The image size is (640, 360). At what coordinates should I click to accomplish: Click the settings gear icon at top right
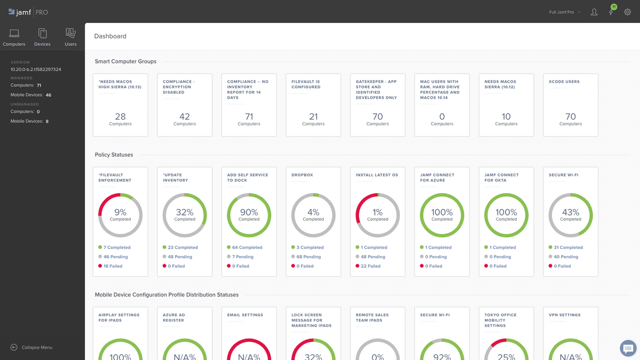click(628, 12)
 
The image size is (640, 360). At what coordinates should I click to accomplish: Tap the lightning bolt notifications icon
click(611, 12)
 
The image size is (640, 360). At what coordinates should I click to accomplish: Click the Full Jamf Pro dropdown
click(565, 12)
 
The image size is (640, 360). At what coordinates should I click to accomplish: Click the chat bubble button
click(628, 348)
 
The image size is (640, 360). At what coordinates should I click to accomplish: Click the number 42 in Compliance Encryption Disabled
click(185, 116)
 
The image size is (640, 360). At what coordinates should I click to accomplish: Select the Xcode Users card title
click(564, 82)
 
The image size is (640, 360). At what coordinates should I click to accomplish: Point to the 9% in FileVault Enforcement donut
click(120, 212)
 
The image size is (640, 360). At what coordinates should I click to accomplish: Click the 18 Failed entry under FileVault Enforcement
click(113, 266)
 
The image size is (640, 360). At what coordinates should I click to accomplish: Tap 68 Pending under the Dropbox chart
click(311, 257)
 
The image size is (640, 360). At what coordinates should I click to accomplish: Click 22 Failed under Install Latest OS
click(371, 266)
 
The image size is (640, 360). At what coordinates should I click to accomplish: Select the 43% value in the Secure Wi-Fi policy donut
click(570, 212)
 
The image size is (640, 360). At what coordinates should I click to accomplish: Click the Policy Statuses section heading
click(114, 155)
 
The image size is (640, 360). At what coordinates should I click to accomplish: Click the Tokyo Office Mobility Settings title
click(500, 320)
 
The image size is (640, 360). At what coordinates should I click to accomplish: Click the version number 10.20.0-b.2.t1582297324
click(36, 69)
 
